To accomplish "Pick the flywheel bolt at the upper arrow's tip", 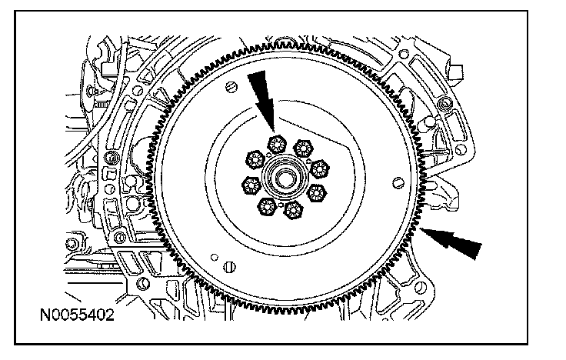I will (276, 142).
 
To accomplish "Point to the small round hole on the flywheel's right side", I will (398, 182).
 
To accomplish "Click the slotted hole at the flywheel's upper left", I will (231, 91).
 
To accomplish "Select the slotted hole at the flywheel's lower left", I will (228, 267).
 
